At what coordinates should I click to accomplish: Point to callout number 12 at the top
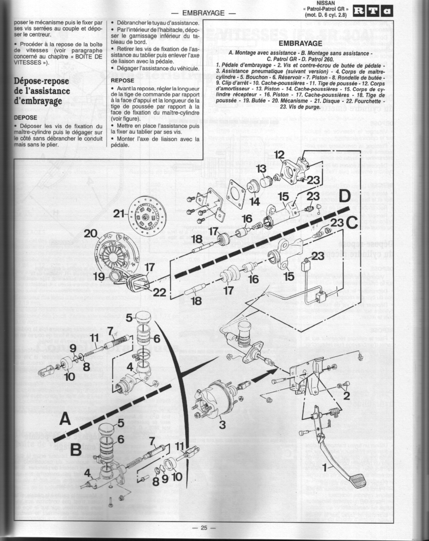click(279, 155)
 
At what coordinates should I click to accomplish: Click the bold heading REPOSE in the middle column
click(123, 80)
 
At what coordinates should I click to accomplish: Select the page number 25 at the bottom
click(204, 528)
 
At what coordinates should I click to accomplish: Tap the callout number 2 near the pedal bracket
click(346, 395)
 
